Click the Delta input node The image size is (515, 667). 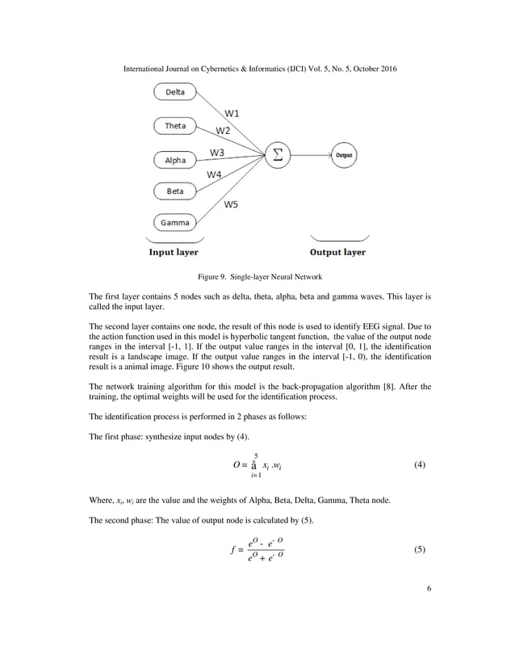click(174, 92)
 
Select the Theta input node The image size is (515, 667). click(174, 126)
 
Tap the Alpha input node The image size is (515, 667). click(174, 160)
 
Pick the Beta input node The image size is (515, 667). click(174, 191)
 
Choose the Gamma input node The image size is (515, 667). click(174, 223)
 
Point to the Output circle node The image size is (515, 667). click(343, 153)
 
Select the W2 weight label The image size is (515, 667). click(222, 130)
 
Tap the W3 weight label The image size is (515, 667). click(217, 152)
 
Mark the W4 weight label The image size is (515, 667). click(215, 174)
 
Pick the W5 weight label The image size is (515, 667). click(231, 204)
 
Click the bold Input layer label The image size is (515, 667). click(173, 252)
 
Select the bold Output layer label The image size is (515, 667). click(338, 252)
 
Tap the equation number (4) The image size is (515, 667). click(419, 465)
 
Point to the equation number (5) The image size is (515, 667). click(419, 549)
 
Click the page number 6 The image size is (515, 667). click(429, 588)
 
